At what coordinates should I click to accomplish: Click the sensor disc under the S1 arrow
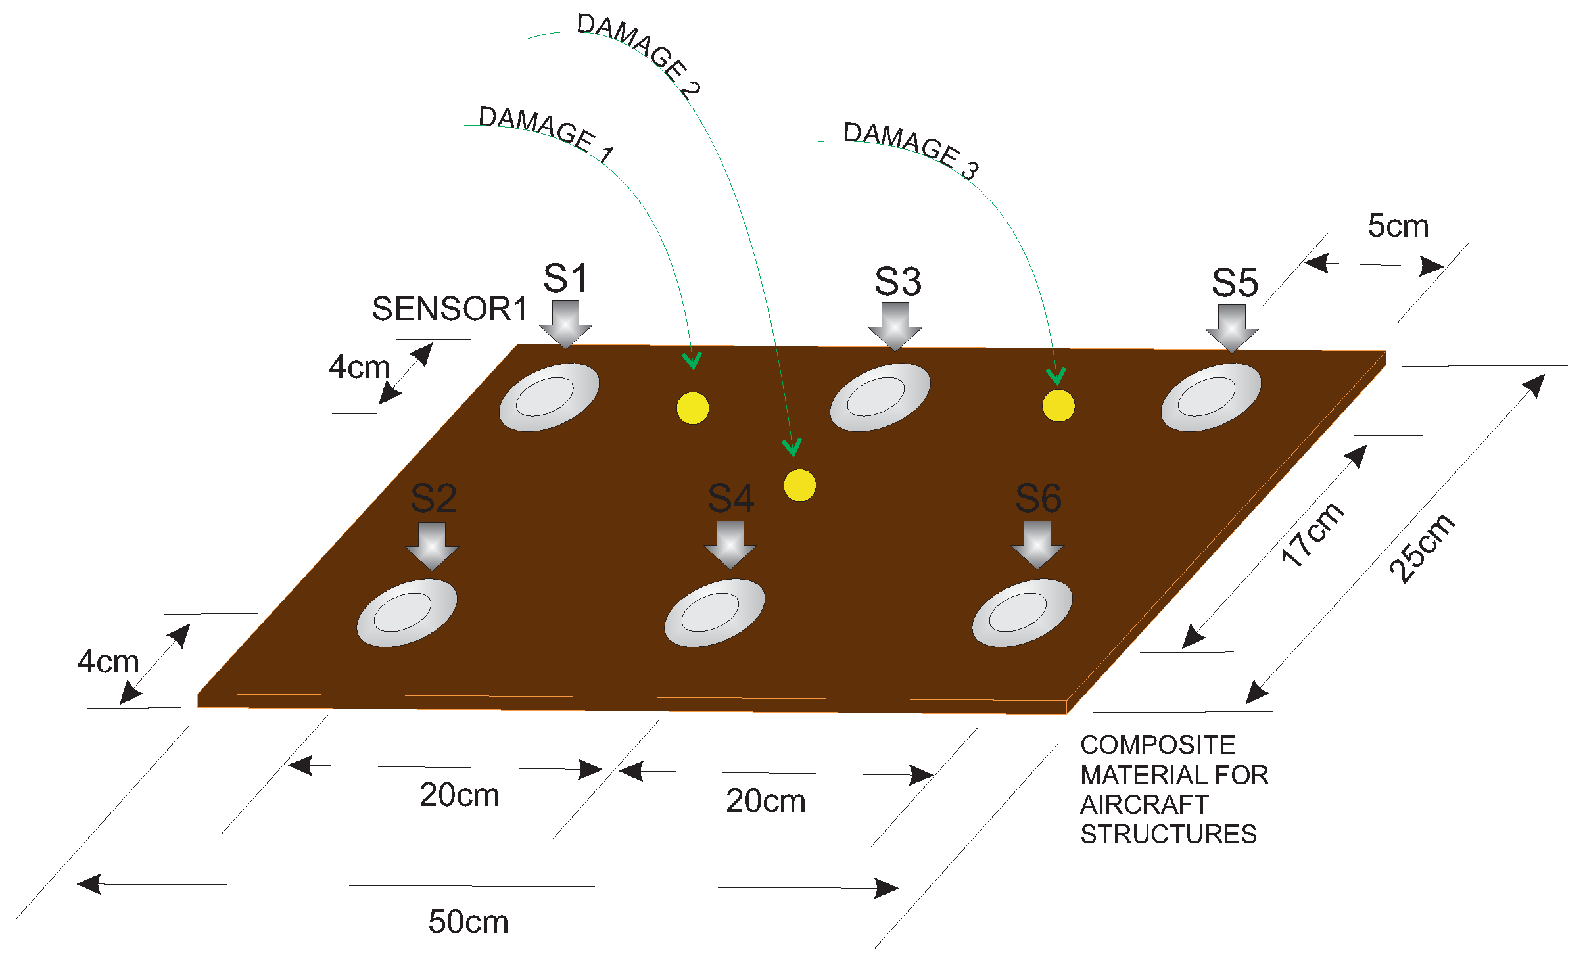click(x=549, y=397)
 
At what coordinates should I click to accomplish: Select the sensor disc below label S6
click(x=1022, y=613)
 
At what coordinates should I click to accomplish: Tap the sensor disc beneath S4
click(x=714, y=613)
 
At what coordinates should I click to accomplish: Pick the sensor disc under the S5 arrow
click(x=1211, y=397)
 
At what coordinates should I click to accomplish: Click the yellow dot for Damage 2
click(x=799, y=485)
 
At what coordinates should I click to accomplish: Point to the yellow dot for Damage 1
click(x=693, y=408)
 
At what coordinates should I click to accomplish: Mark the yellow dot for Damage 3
click(x=1058, y=406)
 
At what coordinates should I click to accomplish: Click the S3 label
click(x=898, y=282)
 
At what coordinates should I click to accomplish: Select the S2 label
click(x=433, y=498)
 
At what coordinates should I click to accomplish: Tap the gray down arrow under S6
click(x=1037, y=544)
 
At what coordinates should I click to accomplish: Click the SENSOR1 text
click(x=450, y=309)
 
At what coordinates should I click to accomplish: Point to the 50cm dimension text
click(x=468, y=922)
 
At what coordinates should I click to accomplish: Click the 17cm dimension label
click(x=1312, y=534)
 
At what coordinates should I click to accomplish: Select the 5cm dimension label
click(x=1398, y=226)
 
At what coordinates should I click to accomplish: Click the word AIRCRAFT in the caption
click(x=1144, y=805)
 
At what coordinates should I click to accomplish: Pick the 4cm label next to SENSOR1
click(x=359, y=367)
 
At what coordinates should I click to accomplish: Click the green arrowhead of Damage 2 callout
click(x=792, y=448)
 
